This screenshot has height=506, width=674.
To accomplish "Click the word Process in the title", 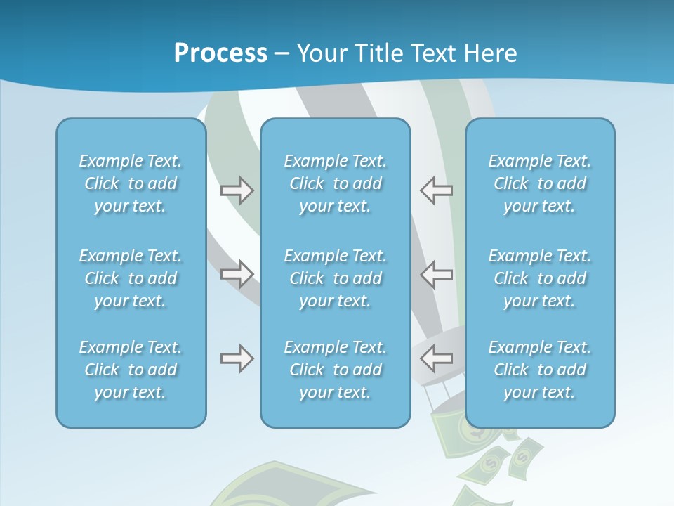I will click(220, 53).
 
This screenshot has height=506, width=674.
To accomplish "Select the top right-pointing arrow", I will click(237, 190).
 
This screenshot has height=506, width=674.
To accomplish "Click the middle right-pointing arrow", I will click(237, 274).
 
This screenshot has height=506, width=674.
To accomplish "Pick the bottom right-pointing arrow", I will click(237, 359).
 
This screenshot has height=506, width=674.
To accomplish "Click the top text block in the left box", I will click(131, 183).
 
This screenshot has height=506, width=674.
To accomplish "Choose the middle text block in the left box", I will click(131, 278).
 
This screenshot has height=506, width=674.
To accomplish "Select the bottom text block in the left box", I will click(131, 370).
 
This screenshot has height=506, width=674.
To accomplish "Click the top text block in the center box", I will click(336, 183).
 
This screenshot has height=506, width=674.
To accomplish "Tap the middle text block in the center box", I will click(336, 278).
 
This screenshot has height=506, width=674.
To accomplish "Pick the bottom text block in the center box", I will click(336, 370).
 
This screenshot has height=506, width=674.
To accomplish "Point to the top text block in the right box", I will click(540, 183).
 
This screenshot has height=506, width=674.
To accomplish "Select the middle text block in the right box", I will click(540, 278).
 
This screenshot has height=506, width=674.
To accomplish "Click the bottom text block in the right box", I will click(540, 370).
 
